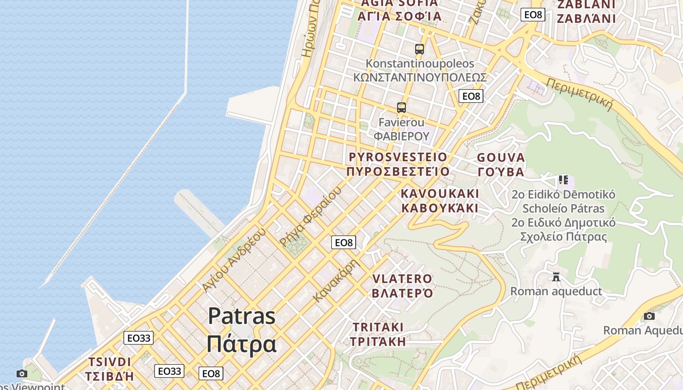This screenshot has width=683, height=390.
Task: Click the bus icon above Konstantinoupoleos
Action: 419,49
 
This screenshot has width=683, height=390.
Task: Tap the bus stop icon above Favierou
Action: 401,108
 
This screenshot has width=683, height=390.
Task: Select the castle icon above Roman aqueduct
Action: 556,277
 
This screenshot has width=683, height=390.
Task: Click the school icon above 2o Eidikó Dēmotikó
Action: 563,180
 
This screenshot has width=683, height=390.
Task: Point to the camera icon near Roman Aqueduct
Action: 649,316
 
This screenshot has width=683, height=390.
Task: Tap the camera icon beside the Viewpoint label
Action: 21,373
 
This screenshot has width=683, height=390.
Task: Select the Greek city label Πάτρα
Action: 241,344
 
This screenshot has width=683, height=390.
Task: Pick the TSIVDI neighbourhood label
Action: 110,362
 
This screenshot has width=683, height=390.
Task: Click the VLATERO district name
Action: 402,279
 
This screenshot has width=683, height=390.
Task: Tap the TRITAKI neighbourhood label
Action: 378,327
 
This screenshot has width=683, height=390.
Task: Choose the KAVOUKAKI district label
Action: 440,194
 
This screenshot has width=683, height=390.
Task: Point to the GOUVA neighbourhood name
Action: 501,157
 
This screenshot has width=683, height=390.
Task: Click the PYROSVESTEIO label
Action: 398,157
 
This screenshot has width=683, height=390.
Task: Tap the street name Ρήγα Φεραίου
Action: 309,217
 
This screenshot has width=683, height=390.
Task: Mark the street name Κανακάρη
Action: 337,280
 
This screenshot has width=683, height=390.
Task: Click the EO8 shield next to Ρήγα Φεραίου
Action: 343,242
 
